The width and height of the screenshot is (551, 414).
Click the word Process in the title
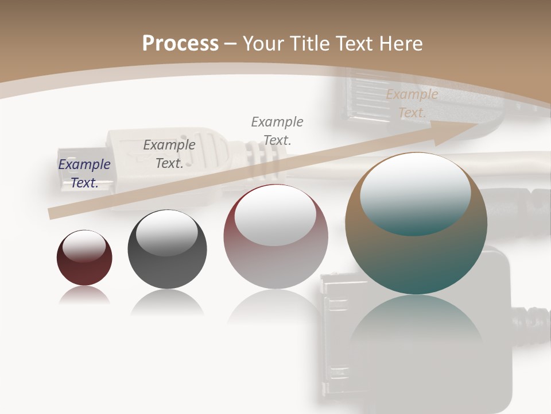pyautogui.click(x=180, y=43)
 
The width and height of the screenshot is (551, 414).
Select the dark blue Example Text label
pyautogui.click(x=84, y=174)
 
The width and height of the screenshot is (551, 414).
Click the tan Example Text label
pyautogui.click(x=412, y=103)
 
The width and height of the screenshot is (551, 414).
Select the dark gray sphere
pyautogui.click(x=167, y=259)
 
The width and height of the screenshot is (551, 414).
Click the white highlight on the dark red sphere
pyautogui.click(x=84, y=246)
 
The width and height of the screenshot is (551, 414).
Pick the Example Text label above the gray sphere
pyautogui.click(x=169, y=154)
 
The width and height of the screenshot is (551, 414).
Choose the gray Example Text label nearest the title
pyautogui.click(x=277, y=131)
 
